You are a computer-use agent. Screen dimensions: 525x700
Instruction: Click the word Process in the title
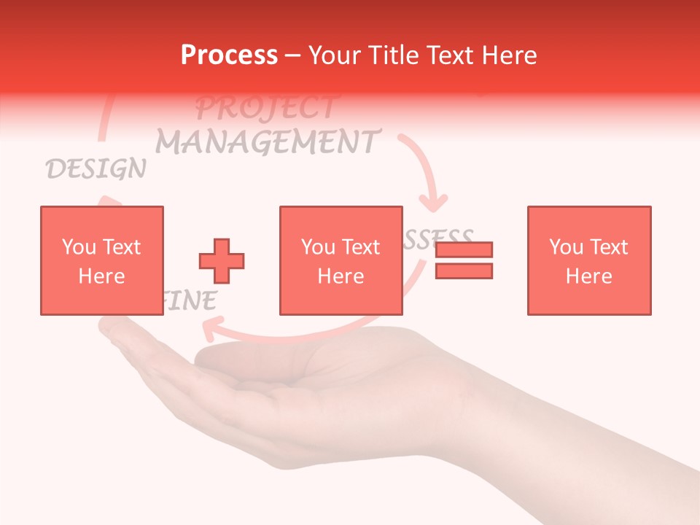(229, 55)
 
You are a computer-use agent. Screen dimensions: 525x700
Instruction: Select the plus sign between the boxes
(222, 260)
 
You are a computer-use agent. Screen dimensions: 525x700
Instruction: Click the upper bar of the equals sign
(464, 249)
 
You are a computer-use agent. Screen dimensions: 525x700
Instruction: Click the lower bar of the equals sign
(464, 271)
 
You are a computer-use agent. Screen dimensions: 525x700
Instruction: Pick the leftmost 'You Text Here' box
(101, 260)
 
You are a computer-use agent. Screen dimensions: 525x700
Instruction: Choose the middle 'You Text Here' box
(341, 260)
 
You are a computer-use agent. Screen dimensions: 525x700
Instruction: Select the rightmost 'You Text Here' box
(588, 260)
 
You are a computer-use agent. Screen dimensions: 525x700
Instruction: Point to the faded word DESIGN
(96, 169)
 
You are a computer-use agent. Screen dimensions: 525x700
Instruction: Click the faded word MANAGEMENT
(268, 141)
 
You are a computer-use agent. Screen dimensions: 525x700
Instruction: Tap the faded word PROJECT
(265, 108)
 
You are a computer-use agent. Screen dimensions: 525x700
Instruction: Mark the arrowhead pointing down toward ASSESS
(435, 201)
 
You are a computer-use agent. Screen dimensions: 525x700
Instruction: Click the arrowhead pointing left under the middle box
(209, 333)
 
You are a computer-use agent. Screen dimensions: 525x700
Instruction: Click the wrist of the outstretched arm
(510, 416)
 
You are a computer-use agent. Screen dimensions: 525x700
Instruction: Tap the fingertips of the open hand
(109, 332)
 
